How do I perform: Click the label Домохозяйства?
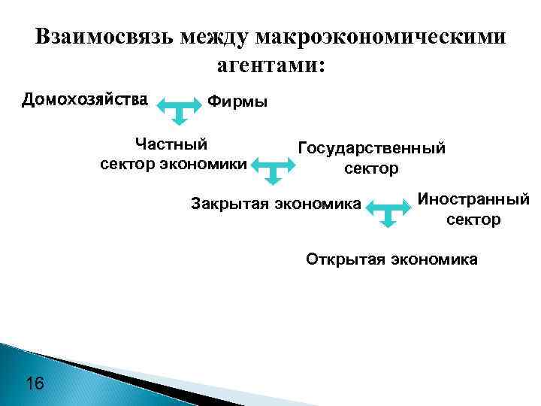pyautogui.click(x=84, y=99)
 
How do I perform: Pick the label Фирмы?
pyautogui.click(x=237, y=101)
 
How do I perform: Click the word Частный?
pyautogui.click(x=171, y=143)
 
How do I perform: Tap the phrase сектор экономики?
pyautogui.click(x=173, y=162)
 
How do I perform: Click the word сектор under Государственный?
pyautogui.click(x=371, y=168)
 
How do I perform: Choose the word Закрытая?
pyautogui.click(x=230, y=202)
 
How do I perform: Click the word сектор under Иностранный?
pyautogui.click(x=473, y=220)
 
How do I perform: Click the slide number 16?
pyautogui.click(x=35, y=384)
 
